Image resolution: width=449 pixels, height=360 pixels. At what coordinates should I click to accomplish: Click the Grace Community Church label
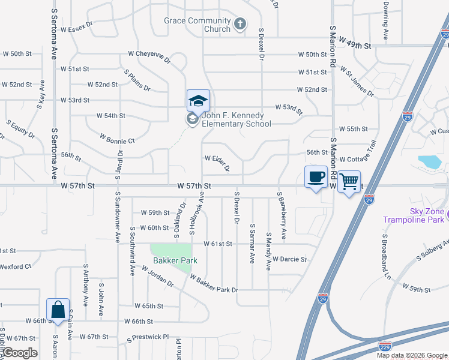197,25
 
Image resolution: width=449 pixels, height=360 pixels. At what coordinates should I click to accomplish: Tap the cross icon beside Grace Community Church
240,24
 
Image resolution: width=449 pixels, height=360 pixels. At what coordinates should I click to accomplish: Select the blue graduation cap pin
198,101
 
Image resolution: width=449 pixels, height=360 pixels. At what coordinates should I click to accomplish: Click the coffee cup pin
316,176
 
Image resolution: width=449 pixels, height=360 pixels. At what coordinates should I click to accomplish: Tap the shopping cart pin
349,181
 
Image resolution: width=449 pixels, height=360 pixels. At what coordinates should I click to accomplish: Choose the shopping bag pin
58,310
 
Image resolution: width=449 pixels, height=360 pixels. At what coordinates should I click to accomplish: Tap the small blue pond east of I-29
429,161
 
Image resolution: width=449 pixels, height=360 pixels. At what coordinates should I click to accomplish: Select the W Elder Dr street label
217,163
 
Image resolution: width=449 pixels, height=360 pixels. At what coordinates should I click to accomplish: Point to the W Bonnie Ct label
117,141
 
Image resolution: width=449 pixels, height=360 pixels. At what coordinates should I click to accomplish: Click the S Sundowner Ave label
118,217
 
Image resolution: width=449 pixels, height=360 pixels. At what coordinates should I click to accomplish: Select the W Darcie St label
289,260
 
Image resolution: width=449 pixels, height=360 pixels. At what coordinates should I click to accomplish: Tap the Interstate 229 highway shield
385,346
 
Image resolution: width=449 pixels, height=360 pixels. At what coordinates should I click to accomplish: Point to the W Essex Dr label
77,26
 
